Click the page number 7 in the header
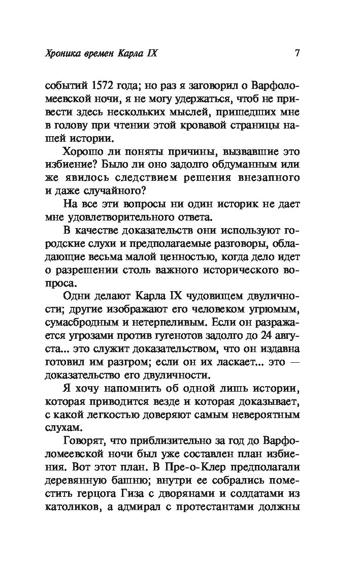(298, 53)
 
